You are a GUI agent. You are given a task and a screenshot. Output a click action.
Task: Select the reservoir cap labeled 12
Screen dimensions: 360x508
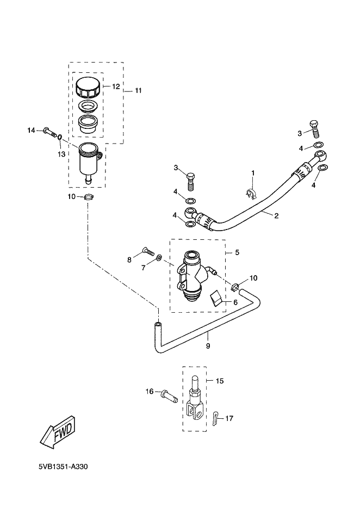88,87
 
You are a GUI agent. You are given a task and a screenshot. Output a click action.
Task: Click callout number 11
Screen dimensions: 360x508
138,91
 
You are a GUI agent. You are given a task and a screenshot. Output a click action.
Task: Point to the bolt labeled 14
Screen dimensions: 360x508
49,132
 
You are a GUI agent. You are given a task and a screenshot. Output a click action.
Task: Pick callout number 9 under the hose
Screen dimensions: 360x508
208,346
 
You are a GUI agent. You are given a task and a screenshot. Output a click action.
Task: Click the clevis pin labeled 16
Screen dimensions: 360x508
169,395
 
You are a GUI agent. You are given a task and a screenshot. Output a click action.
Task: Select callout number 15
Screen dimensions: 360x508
220,381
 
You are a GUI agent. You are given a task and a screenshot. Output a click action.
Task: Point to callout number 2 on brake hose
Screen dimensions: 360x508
276,216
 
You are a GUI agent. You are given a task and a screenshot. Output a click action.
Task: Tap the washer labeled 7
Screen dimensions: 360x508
159,258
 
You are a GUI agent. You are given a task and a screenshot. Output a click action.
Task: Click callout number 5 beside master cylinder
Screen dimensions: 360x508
237,252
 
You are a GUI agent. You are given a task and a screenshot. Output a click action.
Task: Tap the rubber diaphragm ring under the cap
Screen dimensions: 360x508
88,106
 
